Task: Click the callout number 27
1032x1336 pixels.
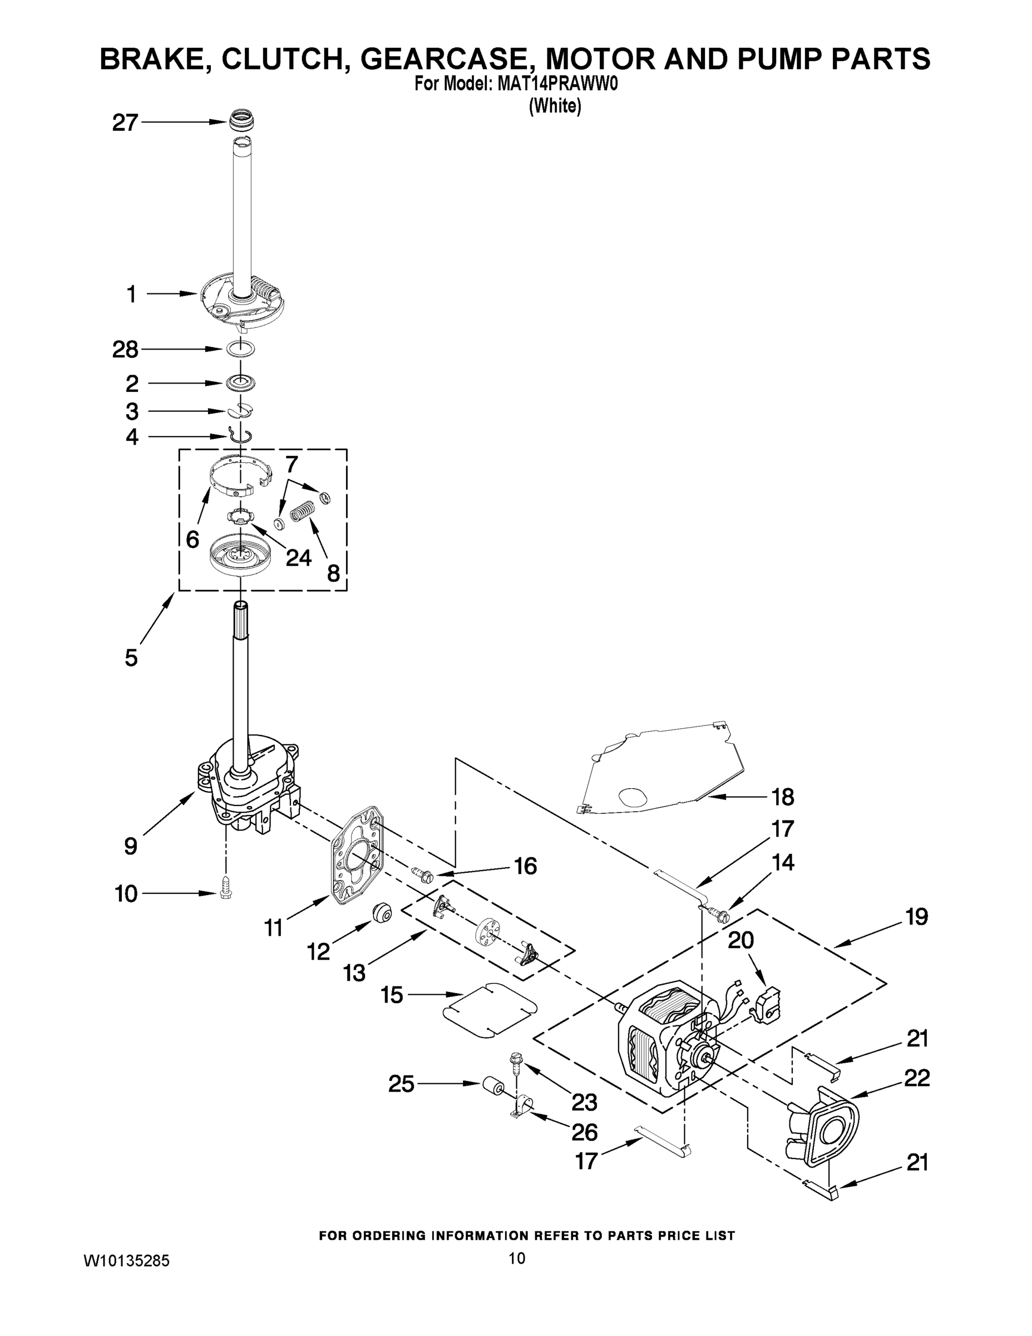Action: [x=125, y=124]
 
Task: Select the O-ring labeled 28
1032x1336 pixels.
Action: [x=240, y=349]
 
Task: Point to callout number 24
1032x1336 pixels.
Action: [x=298, y=558]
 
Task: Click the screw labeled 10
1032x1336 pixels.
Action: [x=225, y=895]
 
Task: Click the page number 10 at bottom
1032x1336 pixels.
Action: [x=517, y=1258]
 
